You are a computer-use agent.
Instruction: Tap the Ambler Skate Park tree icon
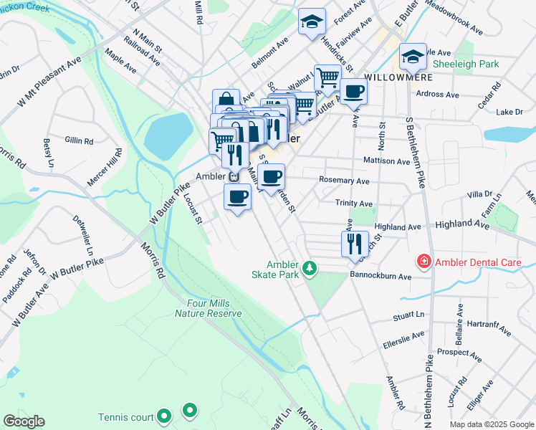[x=310, y=268]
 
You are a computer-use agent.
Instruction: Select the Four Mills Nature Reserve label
[x=209, y=308]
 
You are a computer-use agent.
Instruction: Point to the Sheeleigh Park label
[x=469, y=64]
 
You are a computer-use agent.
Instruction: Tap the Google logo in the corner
[x=24, y=421]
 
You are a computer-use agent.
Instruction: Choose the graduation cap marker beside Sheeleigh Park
[x=413, y=56]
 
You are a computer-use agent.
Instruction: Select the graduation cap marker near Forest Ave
[x=312, y=22]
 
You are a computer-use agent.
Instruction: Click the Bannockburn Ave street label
[x=381, y=276]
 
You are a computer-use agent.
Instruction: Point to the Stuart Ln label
[x=408, y=316]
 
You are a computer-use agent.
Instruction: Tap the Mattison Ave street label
[x=386, y=161]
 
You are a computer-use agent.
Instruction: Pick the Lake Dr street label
[x=509, y=112]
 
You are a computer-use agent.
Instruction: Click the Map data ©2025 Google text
[x=491, y=424]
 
